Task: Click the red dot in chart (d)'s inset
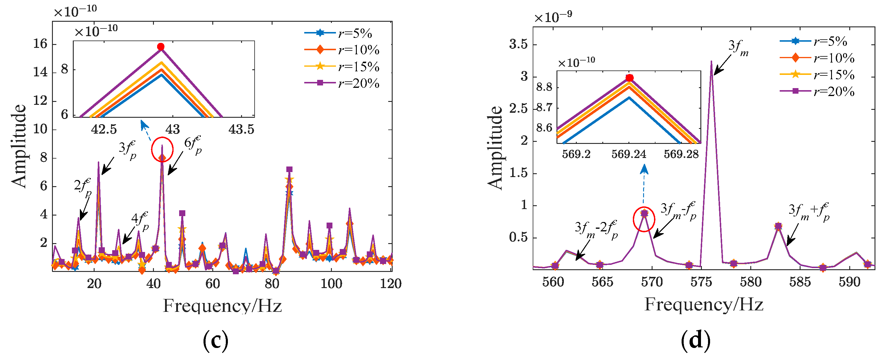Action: click(x=629, y=78)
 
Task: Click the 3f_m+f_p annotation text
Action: click(x=808, y=212)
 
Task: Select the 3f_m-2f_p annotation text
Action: click(x=596, y=229)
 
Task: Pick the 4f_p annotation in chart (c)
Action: click(x=140, y=221)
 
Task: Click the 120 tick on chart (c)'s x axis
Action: click(x=391, y=283)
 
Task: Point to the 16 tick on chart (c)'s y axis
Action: click(x=40, y=44)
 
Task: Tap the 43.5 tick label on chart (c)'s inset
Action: click(x=241, y=129)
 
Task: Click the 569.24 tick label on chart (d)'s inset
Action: click(x=629, y=154)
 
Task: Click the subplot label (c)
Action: click(x=216, y=340)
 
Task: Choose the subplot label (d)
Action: click(x=695, y=340)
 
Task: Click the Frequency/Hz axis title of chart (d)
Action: click(x=704, y=304)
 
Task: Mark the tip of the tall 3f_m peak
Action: click(x=711, y=62)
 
